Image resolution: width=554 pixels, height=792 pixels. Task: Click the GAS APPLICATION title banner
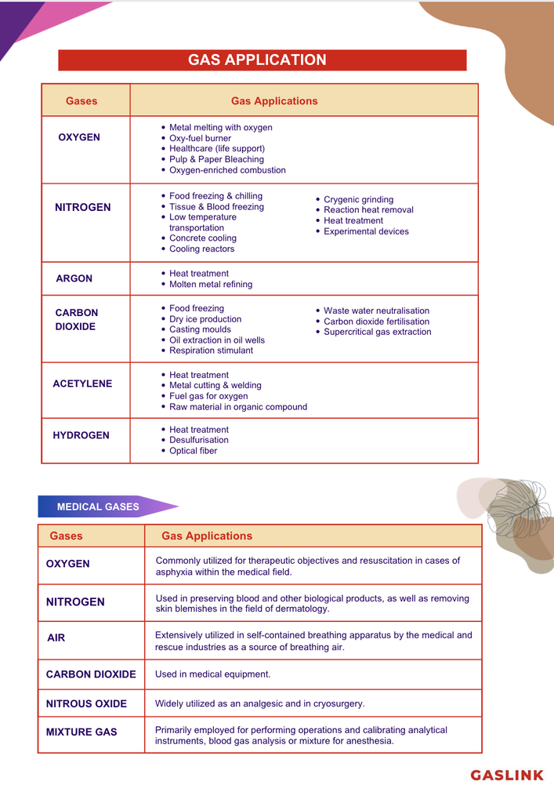tap(262, 60)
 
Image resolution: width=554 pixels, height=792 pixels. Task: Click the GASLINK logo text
tap(506, 775)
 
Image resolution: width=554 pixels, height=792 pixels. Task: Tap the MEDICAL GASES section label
tap(98, 507)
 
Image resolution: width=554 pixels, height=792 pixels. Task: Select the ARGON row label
tap(74, 278)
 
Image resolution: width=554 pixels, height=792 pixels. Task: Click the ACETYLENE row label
tap(82, 383)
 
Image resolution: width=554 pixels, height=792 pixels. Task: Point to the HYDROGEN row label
tap(81, 435)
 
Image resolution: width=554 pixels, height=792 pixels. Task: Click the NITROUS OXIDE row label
tap(86, 703)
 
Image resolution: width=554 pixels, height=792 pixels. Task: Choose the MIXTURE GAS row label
tap(81, 732)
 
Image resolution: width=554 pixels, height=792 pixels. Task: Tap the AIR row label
tap(56, 638)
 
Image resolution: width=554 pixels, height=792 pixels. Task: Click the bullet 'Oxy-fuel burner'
tap(201, 138)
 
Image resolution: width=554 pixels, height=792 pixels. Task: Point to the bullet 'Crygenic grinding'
tap(358, 200)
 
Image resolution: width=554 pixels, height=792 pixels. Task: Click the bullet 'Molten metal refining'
tap(211, 285)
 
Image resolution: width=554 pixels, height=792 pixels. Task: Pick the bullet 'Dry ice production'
tap(205, 319)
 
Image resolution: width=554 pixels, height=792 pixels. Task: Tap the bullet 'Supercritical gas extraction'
tap(377, 332)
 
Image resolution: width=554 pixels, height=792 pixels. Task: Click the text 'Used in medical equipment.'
tap(212, 674)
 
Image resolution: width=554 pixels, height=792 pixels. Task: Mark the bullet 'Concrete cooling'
tap(202, 238)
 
